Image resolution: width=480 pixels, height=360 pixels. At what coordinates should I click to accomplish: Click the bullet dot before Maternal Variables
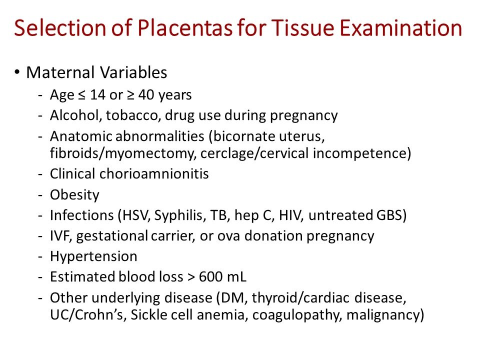[x=17, y=72]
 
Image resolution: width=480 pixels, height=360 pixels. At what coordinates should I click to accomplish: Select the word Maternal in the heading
[x=58, y=73]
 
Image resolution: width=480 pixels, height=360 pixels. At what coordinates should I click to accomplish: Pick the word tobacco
[x=123, y=115]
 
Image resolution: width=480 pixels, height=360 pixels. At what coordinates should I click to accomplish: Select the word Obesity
[x=74, y=195]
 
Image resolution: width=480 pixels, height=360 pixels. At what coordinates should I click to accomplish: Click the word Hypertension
[x=93, y=257]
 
